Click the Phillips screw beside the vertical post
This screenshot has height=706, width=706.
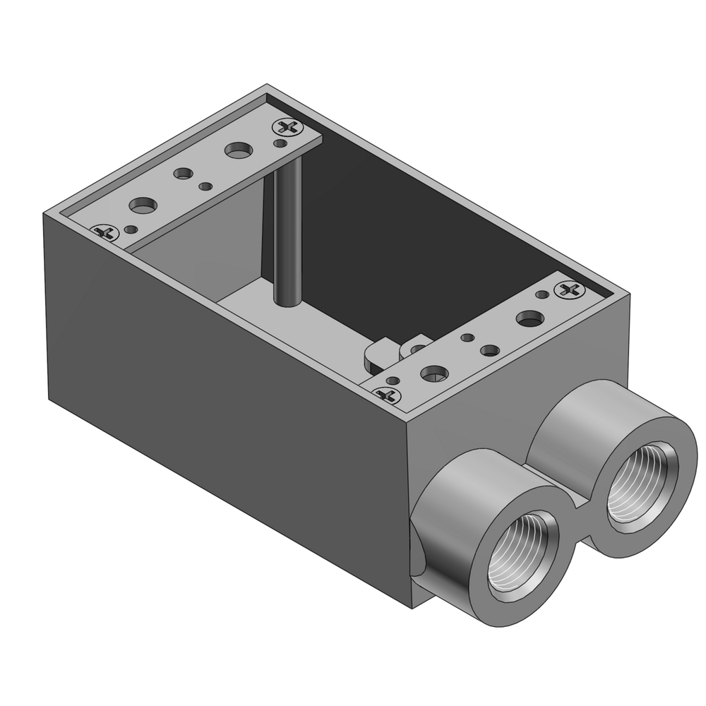click(x=288, y=127)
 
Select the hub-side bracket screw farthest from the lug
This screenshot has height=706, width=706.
click(x=570, y=289)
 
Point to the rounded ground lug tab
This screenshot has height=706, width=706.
click(x=380, y=352)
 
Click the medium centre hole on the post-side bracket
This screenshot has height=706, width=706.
click(x=184, y=173)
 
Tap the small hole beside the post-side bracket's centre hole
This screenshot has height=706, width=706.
click(x=205, y=186)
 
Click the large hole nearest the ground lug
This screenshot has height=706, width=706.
click(x=434, y=372)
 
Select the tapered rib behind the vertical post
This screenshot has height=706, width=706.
click(x=267, y=226)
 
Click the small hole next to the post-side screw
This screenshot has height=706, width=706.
click(x=282, y=143)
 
